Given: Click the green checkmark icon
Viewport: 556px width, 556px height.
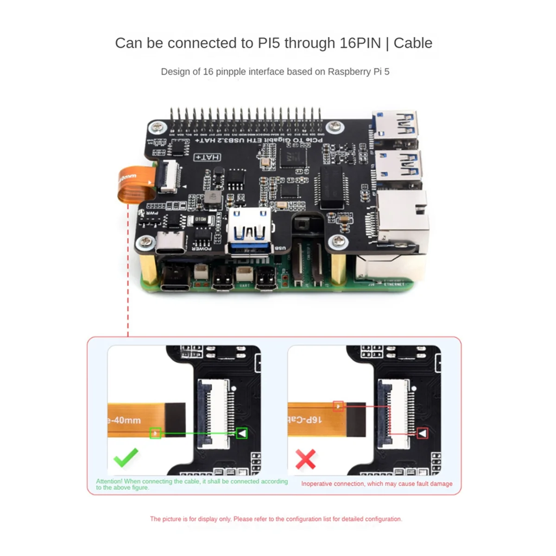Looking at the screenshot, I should (x=126, y=457).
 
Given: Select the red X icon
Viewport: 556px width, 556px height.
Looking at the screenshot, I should (x=305, y=459).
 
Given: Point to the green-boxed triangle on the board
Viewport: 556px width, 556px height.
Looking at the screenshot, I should (x=241, y=433).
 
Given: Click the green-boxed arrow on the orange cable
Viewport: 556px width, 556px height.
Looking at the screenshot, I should (x=155, y=433).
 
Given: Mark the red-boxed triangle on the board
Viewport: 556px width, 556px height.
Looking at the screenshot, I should (x=422, y=433).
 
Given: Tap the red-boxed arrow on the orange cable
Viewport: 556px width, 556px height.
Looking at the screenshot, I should (x=339, y=406).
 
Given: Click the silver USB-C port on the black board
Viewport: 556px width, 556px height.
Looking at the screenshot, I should (x=170, y=243).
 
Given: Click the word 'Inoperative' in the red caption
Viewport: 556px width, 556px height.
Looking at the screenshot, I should (x=316, y=484).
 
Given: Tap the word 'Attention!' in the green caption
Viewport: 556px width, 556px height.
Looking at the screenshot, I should (x=109, y=481).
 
